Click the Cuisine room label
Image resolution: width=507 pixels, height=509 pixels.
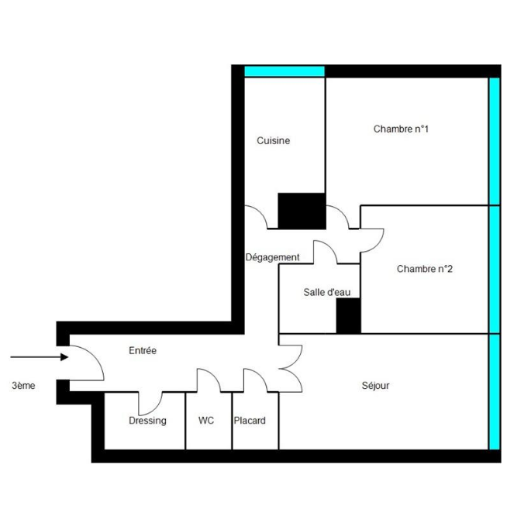(x=274, y=141)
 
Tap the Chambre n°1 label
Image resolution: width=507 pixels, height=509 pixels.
(x=401, y=129)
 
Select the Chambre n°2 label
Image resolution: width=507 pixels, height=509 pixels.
(x=424, y=270)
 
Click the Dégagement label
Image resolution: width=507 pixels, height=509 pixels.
(x=272, y=257)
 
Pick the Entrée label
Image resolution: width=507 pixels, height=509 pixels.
(x=143, y=351)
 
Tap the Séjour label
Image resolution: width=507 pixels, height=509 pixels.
(x=375, y=385)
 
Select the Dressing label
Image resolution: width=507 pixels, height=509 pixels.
(x=147, y=421)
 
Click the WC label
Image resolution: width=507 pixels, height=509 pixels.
(x=206, y=421)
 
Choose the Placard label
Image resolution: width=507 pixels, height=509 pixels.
(x=250, y=421)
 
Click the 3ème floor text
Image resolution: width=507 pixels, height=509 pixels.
(x=23, y=385)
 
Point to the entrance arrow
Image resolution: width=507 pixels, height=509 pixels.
(x=39, y=358)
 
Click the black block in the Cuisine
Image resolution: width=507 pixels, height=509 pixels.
(x=302, y=211)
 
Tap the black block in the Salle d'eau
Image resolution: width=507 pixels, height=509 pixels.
(x=348, y=316)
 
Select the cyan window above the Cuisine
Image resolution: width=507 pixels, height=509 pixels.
(x=284, y=71)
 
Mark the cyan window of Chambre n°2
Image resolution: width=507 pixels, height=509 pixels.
(x=494, y=270)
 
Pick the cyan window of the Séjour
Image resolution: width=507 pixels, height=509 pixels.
(x=494, y=391)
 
